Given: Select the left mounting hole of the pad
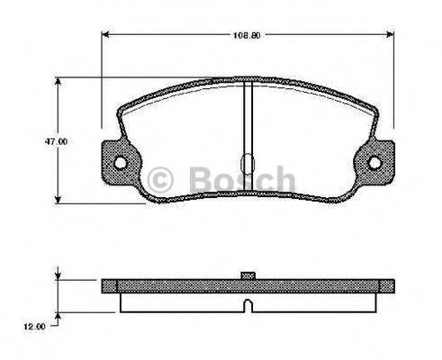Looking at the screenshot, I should (120, 163).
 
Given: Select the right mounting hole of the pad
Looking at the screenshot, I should (376, 163).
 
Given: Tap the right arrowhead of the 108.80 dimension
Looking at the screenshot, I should (396, 36).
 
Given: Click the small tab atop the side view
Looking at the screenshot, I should (247, 274).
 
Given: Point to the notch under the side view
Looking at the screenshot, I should (247, 308).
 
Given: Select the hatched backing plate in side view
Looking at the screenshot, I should (180, 285).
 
